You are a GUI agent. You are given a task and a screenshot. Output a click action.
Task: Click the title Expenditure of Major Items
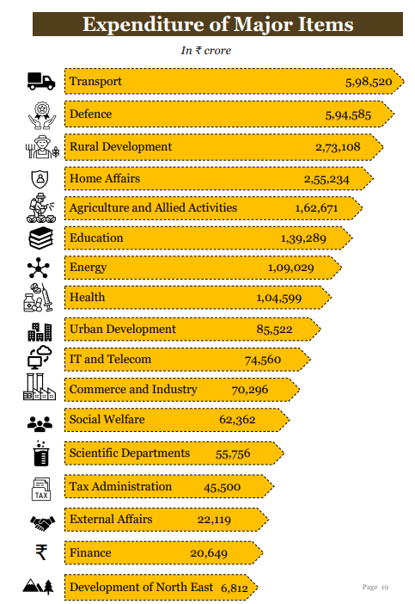(x=217, y=24)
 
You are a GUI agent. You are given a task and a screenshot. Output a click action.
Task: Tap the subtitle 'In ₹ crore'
(x=205, y=51)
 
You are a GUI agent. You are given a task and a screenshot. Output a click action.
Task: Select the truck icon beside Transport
(x=40, y=81)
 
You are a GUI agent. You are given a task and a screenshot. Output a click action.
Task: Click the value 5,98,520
(x=369, y=82)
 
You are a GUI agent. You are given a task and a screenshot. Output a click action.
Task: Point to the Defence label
(x=90, y=114)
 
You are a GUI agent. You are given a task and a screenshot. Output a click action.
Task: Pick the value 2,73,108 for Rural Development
(x=338, y=147)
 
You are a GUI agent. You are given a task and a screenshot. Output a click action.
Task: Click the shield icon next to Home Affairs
(x=40, y=179)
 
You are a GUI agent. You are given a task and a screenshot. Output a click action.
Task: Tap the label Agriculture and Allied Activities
(x=153, y=207)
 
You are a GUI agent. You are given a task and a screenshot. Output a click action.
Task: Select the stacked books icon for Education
(x=40, y=238)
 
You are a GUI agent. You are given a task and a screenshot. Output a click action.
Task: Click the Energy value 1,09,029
(x=290, y=268)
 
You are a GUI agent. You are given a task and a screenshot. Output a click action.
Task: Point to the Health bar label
(x=87, y=297)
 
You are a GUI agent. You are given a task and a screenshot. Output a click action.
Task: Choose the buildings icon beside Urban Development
(x=40, y=330)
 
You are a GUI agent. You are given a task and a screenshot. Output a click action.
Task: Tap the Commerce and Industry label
(x=133, y=389)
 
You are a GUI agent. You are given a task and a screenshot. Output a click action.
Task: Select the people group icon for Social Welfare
(x=40, y=422)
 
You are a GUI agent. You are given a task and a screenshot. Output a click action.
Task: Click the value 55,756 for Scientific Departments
(x=233, y=453)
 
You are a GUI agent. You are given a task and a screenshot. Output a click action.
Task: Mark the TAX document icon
(x=40, y=488)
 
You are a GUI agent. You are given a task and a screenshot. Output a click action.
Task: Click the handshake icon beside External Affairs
(x=40, y=521)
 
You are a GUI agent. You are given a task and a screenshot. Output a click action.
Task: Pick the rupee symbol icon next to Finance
(x=40, y=552)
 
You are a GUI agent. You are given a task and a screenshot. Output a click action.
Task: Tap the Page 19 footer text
(x=375, y=587)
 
